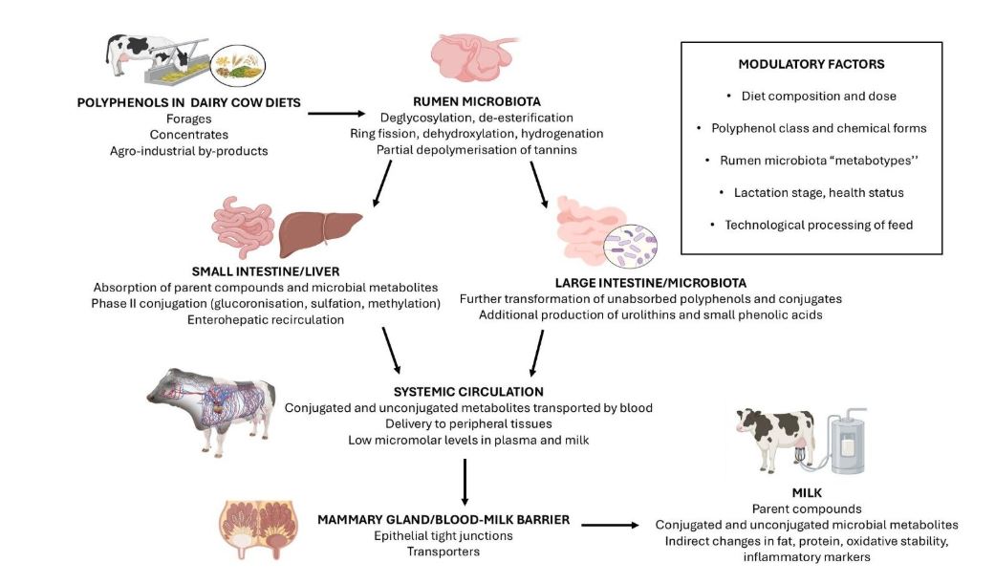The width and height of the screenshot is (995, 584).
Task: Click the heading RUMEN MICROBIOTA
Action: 477,101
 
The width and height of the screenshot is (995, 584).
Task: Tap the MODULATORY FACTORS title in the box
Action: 811,64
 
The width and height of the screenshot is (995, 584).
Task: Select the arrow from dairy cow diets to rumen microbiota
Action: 337,114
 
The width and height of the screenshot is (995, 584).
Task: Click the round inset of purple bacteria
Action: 630,247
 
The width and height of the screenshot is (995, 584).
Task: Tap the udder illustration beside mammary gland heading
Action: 259,529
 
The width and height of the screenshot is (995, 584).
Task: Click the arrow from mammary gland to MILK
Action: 611,525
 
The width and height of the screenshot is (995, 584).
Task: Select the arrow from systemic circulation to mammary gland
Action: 465,482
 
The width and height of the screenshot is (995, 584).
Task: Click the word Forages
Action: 189,119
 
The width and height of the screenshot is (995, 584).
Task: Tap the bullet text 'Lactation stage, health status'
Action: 818,193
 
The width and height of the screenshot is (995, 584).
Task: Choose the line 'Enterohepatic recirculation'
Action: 266,320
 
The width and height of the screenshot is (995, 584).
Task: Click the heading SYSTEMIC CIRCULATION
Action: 468,392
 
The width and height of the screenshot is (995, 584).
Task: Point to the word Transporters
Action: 443,552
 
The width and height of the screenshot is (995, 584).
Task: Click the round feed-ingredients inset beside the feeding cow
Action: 238,65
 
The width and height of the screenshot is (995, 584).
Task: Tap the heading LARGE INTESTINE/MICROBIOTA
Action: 651,283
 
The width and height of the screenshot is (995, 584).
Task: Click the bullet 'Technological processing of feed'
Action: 818,226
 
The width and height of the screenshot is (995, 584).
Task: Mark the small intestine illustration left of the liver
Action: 243,227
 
